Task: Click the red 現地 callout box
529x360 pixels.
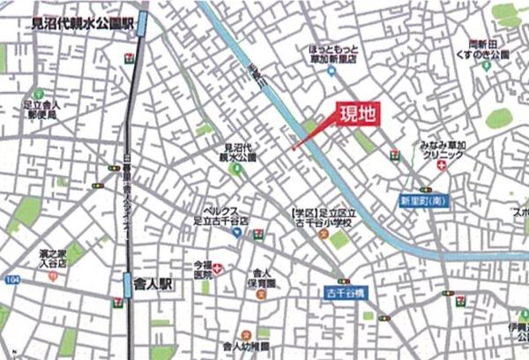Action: point(357,116)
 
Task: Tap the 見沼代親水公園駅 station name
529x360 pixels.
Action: point(78,26)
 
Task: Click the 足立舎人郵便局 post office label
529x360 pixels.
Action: point(41,109)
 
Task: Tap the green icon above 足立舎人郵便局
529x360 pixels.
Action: point(39,93)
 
